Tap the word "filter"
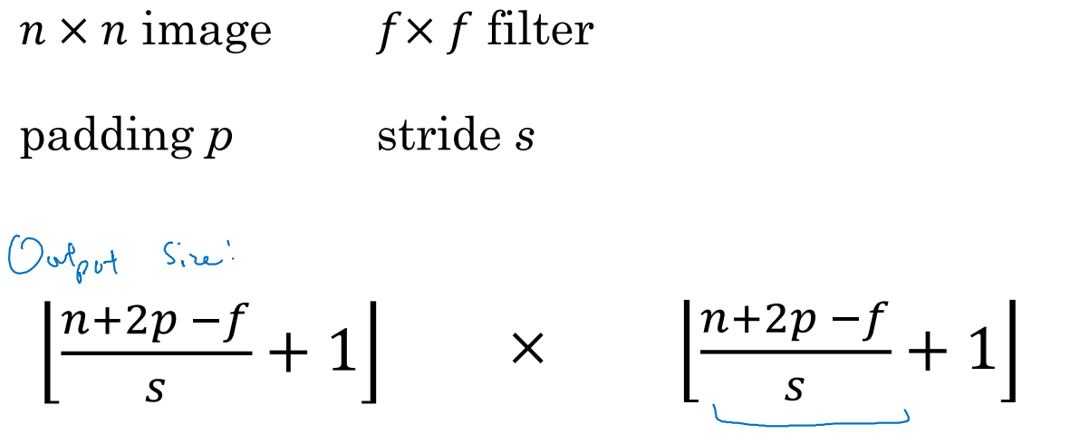tap(539, 31)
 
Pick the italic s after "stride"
tap(523, 140)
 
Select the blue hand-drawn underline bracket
tap(811, 420)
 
